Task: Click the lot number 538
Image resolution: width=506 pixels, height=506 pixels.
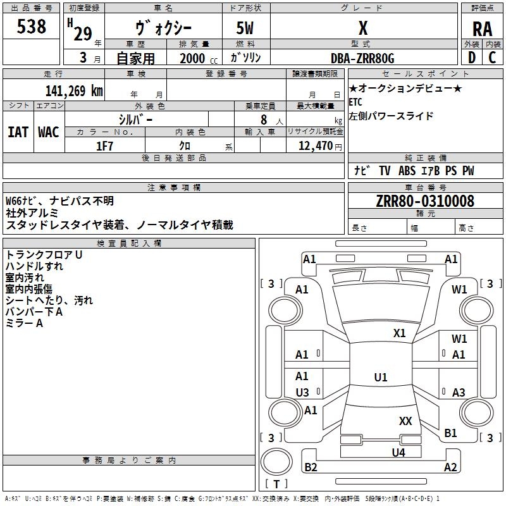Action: (x=32, y=27)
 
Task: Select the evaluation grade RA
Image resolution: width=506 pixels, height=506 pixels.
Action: (x=482, y=29)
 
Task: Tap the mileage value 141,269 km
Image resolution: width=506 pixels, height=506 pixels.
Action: (x=74, y=90)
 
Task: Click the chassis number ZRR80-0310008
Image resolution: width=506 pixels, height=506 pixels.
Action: (x=424, y=201)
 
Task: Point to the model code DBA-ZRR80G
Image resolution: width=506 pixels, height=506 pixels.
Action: (x=362, y=58)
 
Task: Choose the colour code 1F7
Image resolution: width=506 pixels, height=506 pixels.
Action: (x=104, y=146)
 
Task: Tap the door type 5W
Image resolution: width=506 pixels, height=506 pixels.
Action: (x=246, y=29)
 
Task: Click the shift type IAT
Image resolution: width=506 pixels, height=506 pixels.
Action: (x=18, y=132)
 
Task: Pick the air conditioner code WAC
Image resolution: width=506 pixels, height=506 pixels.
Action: (x=49, y=132)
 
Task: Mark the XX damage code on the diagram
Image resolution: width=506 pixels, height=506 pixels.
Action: (x=405, y=421)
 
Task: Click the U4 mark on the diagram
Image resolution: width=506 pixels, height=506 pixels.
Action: (x=398, y=452)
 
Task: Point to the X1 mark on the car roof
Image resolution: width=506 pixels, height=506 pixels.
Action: (x=399, y=333)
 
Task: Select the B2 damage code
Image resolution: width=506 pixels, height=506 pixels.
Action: (x=311, y=467)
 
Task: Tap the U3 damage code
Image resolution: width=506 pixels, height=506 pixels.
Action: (x=302, y=392)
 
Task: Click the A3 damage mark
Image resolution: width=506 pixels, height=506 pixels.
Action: (x=459, y=392)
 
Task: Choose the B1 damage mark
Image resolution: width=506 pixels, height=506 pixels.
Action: (x=450, y=433)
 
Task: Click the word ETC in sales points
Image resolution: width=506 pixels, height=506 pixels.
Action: (x=356, y=101)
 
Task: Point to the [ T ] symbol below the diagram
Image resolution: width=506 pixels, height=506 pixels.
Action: (x=276, y=484)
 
